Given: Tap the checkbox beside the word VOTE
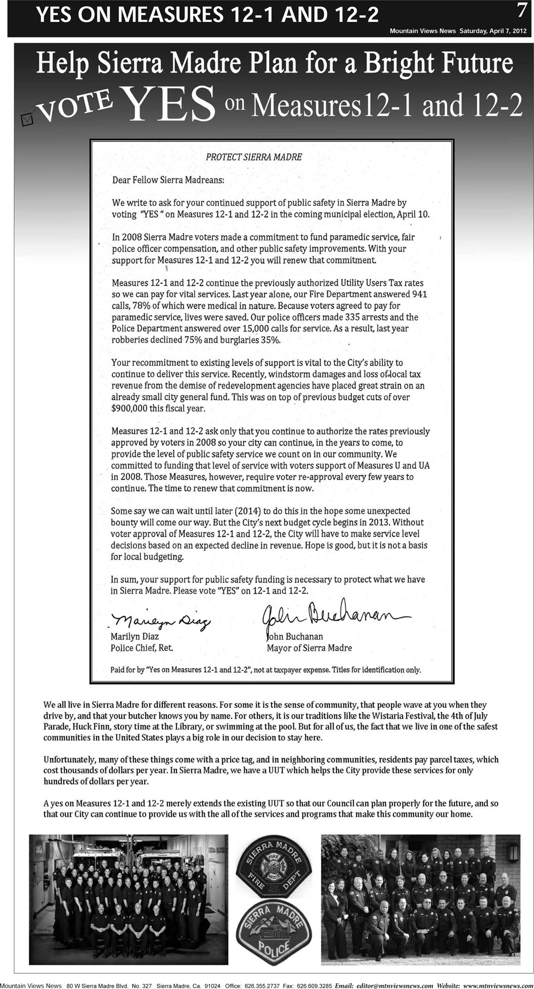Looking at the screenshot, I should tap(26, 118).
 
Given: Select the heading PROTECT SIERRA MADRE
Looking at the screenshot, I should tap(254, 157).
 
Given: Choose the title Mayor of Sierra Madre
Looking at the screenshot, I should tap(309, 648).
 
